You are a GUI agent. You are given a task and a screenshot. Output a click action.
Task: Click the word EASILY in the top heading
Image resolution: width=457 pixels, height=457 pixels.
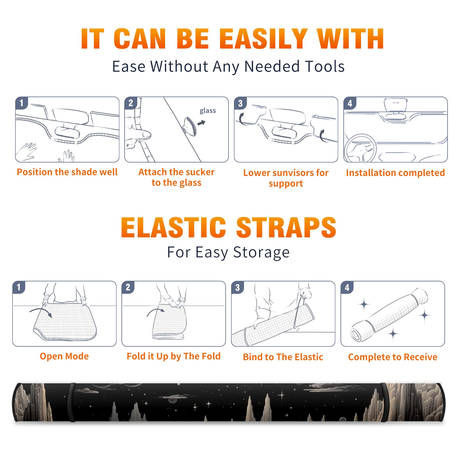263,39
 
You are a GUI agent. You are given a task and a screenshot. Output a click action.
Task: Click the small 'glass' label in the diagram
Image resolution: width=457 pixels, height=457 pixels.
208,111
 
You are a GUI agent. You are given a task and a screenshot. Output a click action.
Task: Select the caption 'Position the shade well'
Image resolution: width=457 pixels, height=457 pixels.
67,172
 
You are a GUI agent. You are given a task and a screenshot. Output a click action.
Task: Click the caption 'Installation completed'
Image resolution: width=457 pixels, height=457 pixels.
395,173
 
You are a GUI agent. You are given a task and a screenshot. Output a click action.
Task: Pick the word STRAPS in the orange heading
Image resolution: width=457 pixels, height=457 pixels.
286,227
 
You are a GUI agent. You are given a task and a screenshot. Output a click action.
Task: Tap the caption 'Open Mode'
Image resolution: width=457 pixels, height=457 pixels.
64,356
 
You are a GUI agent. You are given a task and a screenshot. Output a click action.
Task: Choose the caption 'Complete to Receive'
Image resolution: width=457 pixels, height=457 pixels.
393,357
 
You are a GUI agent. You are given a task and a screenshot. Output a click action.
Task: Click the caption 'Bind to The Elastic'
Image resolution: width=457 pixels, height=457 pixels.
283,357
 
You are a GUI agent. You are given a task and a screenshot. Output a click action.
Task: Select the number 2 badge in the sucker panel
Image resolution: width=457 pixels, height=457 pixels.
131,103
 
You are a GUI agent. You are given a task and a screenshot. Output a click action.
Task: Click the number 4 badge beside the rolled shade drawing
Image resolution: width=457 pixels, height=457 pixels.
347,288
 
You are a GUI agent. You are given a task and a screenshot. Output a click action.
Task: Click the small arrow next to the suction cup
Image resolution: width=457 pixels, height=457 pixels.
201,123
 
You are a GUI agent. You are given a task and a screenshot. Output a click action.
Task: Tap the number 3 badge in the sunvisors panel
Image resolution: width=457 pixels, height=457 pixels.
240,103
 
